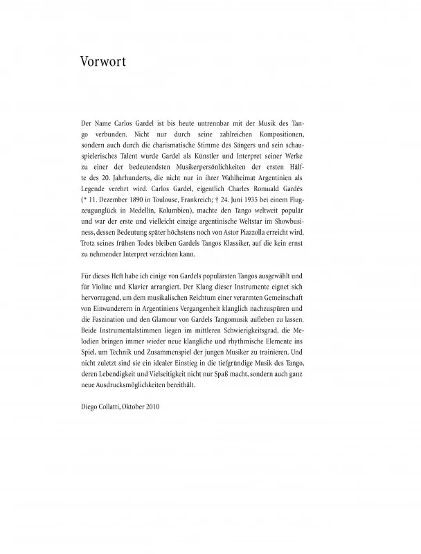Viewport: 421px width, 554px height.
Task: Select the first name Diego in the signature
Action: coord(90,406)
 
